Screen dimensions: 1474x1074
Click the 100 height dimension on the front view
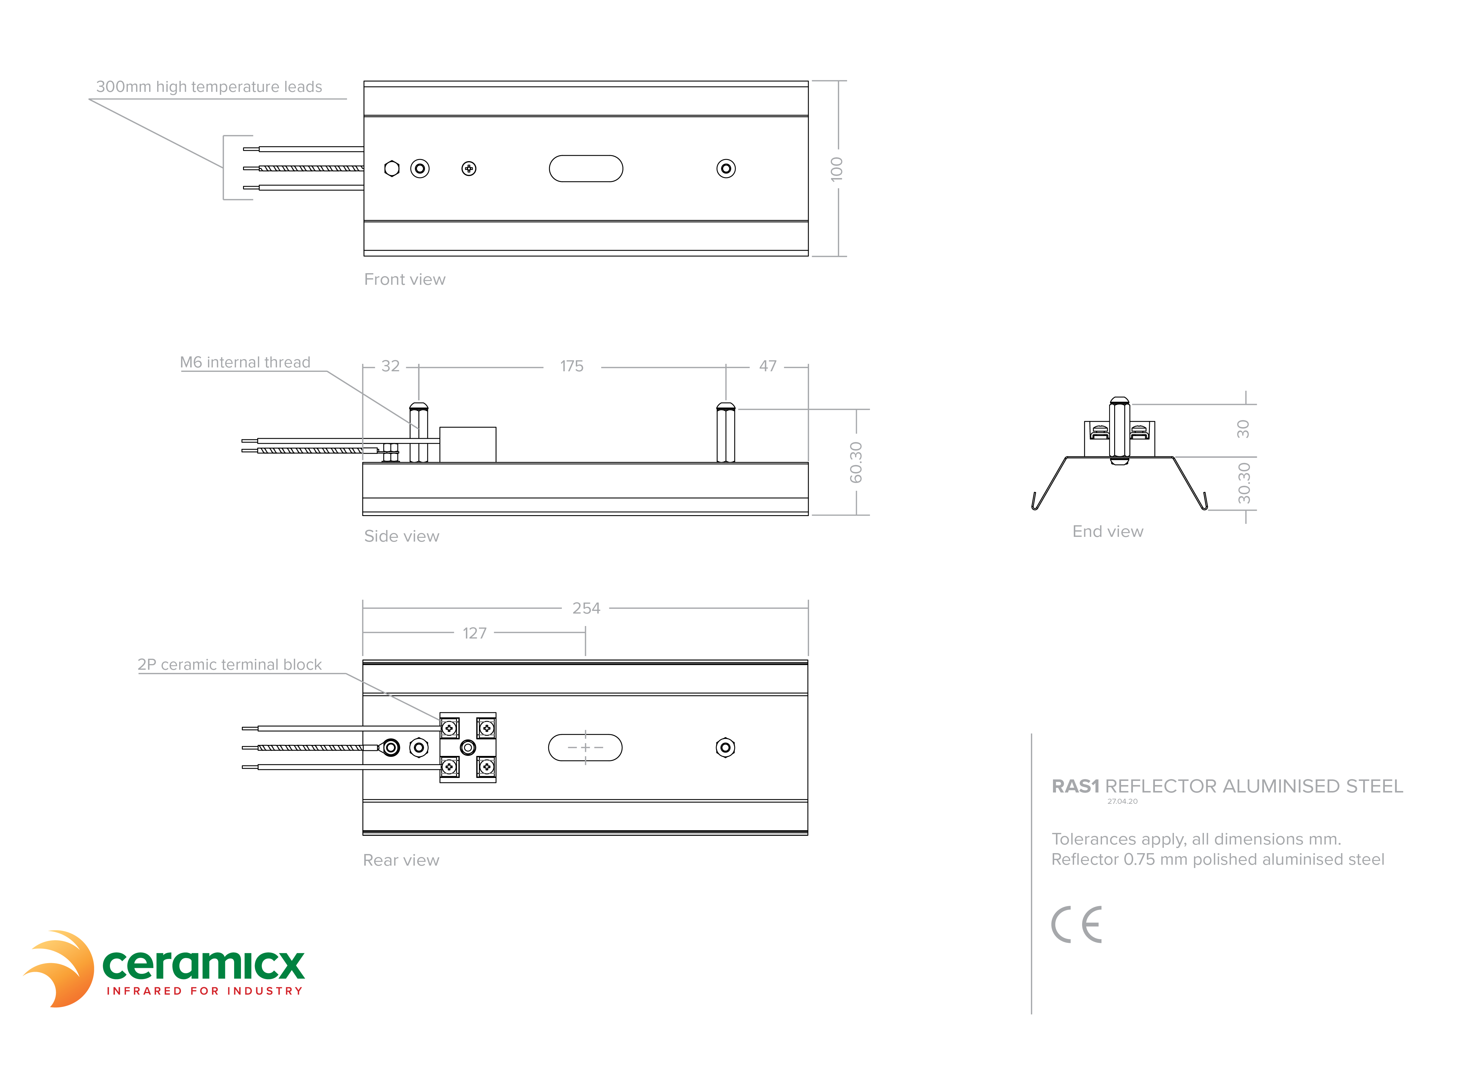coord(836,169)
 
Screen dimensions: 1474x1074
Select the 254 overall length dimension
coord(586,608)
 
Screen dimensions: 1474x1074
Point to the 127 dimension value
coord(474,633)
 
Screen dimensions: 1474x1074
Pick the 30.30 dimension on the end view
coord(1244,483)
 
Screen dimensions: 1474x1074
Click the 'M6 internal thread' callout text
coord(245,362)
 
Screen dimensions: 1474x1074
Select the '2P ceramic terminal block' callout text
coord(229,664)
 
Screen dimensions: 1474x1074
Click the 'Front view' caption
coord(405,279)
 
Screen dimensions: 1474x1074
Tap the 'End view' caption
coord(1108,532)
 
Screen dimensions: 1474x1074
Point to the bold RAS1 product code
coord(1076,787)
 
